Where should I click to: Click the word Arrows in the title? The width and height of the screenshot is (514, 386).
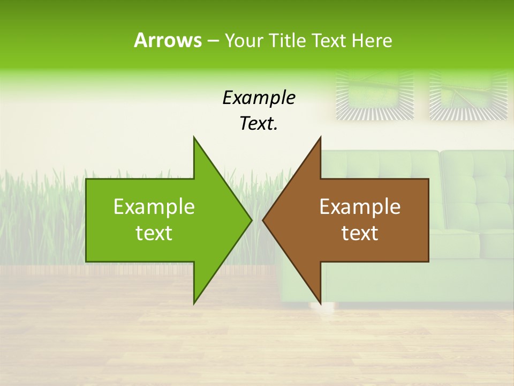[168, 40]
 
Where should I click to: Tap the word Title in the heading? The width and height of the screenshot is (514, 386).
[288, 40]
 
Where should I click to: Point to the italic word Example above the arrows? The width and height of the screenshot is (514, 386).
[259, 98]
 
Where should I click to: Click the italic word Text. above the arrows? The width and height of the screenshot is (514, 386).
[259, 123]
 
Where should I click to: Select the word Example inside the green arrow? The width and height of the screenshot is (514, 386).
[154, 206]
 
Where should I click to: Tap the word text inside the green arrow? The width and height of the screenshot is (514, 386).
[154, 233]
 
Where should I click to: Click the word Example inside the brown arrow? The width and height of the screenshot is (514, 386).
[360, 206]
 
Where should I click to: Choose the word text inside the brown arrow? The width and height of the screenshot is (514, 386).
[360, 233]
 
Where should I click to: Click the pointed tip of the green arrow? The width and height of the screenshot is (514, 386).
[252, 220]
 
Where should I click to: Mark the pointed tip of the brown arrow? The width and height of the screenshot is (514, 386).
[263, 220]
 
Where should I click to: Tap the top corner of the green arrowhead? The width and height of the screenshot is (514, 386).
[194, 137]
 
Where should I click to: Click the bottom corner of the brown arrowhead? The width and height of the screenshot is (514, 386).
[320, 303]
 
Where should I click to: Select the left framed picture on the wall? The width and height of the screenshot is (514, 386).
[375, 95]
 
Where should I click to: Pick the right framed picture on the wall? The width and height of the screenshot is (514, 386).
[468, 95]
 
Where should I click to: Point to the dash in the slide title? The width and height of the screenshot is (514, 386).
[213, 41]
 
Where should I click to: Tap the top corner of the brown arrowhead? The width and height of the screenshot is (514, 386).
[320, 137]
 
